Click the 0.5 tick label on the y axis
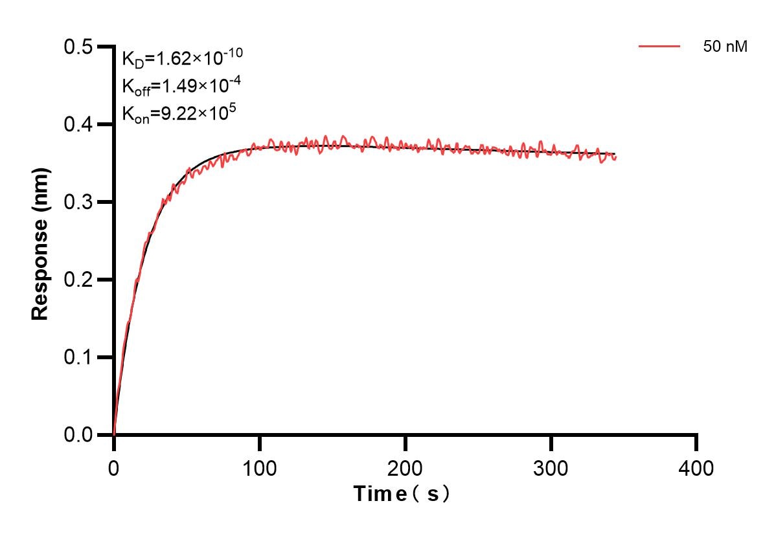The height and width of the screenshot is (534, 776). tap(78, 47)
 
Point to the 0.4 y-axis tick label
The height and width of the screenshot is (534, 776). tap(78, 124)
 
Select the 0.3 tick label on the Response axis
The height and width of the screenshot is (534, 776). tap(78, 202)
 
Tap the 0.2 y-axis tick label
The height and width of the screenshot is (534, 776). tap(78, 280)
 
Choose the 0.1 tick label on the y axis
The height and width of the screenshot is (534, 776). tap(78, 357)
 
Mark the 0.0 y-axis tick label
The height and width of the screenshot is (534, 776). tap(78, 435)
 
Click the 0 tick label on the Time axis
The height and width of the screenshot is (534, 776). tap(114, 467)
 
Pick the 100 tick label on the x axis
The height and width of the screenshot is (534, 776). tap(259, 467)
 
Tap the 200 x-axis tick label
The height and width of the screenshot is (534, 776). tap(405, 467)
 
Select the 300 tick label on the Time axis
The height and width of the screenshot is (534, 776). tap(551, 467)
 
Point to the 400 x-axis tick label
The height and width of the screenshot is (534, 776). tap(696, 467)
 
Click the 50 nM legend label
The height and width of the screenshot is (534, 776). tap(725, 47)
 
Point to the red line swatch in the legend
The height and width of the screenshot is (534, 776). tap(659, 47)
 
